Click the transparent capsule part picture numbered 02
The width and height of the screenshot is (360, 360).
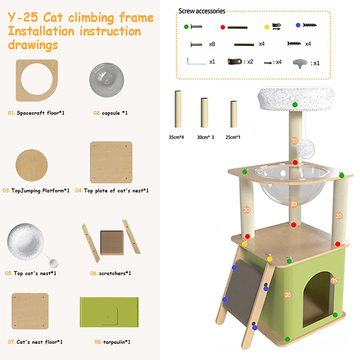107,79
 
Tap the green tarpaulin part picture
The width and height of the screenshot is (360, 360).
109,311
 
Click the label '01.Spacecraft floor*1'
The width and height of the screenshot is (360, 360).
36,113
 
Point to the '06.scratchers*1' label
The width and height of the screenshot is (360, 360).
110,273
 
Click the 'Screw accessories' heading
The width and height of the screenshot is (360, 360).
201,11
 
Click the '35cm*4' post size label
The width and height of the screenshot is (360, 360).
176,137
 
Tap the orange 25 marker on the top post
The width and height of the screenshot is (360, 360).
295,141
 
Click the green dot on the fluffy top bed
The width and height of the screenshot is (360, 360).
295,105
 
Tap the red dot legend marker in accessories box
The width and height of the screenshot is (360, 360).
223,27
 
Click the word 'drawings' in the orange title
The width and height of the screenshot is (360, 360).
33,45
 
